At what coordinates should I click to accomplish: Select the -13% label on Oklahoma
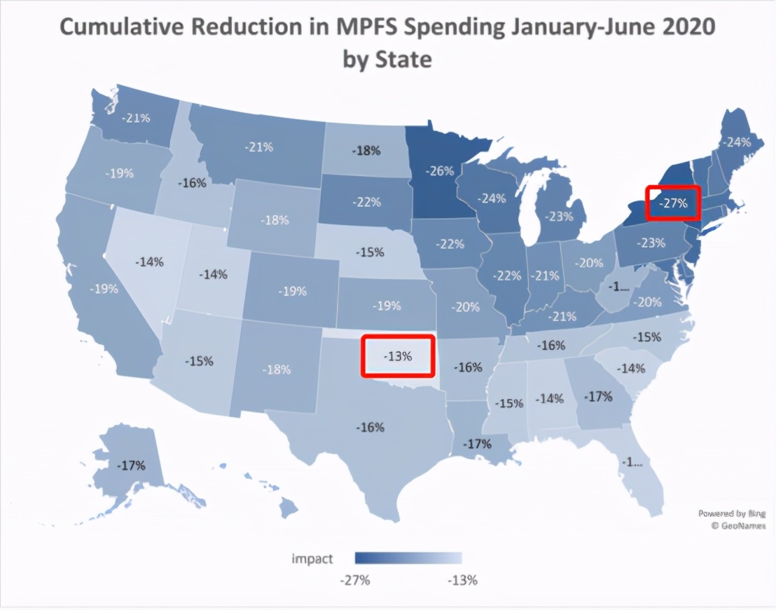pos(397,355)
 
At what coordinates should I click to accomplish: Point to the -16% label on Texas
pos(370,427)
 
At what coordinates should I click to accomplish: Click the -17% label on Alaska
pos(131,465)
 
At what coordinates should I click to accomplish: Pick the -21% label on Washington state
pos(136,117)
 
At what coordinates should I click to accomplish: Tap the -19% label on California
pos(104,288)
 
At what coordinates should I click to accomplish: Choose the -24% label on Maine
pos(737,142)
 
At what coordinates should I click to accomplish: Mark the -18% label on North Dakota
pos(366,150)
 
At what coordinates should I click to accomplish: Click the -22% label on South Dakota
pos(366,202)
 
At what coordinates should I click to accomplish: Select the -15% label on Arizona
pos(199,361)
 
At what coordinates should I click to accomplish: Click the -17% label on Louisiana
pos(478,443)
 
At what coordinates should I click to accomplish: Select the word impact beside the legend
pos(312,559)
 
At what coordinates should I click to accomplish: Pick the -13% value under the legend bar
pos(462,580)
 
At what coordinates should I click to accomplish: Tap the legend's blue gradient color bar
pos(408,558)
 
